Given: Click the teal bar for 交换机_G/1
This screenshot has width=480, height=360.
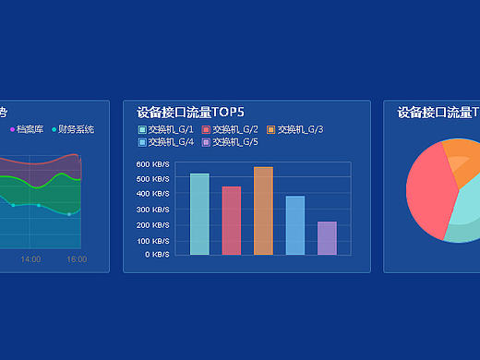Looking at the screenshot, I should point(199,214).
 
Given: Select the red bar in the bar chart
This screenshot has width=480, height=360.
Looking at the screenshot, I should point(231,221).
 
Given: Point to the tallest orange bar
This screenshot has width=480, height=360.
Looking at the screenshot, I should point(263,210).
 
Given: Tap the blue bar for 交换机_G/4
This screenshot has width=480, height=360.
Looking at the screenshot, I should point(294,225).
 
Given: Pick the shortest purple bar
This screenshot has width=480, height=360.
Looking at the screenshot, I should point(327,238).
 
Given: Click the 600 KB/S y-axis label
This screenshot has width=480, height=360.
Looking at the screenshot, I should point(153,164).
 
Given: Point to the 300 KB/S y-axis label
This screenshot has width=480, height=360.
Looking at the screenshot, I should point(153,210).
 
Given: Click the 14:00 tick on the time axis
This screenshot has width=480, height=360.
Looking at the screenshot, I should point(30,259).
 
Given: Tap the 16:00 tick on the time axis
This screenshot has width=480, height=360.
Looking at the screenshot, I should point(77,259).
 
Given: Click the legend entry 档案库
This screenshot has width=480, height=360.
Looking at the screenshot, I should point(29,129).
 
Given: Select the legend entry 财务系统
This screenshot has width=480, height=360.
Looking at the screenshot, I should point(75,129).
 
